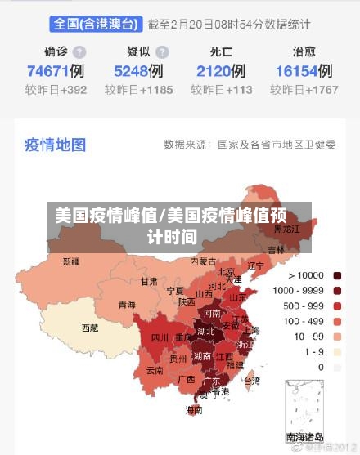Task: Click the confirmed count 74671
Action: [x=47, y=71]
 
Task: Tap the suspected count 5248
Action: [x=131, y=71]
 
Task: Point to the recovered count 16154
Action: [x=296, y=71]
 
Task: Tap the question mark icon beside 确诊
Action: [x=79, y=51]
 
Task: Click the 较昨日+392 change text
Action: [x=56, y=90]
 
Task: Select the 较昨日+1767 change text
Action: [x=306, y=90]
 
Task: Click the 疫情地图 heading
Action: [x=55, y=145]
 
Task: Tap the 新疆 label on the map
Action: [x=72, y=262]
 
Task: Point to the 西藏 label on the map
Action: [x=89, y=328]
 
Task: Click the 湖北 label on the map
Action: [x=205, y=332]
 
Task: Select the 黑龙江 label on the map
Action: [x=290, y=229]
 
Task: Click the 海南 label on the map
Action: [x=194, y=409]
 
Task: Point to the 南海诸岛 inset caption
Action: [x=305, y=437]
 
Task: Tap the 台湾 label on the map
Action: [x=252, y=381]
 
